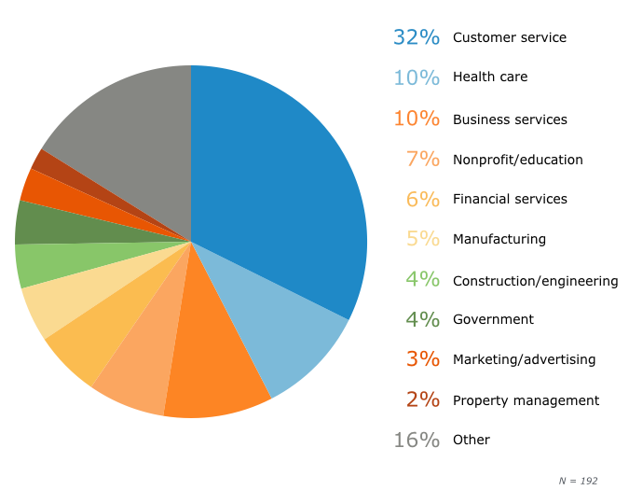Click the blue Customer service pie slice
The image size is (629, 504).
(x=280, y=187)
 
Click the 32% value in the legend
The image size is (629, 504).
(x=416, y=37)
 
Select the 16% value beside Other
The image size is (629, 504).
(x=416, y=440)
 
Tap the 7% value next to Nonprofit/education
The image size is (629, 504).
(x=422, y=159)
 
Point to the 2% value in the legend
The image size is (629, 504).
(x=422, y=399)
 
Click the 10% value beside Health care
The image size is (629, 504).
(x=416, y=77)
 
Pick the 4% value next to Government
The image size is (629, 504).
(x=422, y=319)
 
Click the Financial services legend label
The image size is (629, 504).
(x=510, y=199)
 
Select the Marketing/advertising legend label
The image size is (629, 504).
(x=524, y=359)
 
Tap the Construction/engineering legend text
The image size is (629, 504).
(x=535, y=280)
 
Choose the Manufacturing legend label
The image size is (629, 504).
(x=499, y=239)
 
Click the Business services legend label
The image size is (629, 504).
(x=510, y=119)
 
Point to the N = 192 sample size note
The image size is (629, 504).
(x=578, y=481)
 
